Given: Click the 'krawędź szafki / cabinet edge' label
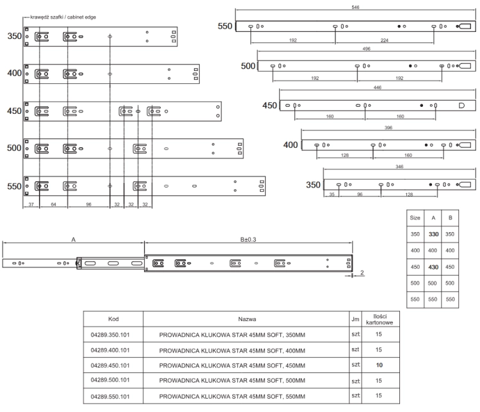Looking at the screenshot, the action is click(63, 17).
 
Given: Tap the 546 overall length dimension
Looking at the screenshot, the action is click(355, 7).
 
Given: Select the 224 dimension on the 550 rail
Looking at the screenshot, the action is click(385, 40).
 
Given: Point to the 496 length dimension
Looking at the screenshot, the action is click(367, 49).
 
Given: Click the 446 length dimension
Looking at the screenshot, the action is click(378, 88).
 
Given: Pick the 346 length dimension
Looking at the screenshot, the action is click(399, 167).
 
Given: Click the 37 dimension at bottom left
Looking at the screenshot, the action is click(31, 205).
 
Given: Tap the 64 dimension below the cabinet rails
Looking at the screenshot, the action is click(54, 205).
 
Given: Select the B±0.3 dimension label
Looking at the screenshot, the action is click(248, 239).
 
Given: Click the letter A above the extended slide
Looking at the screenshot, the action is click(74, 240).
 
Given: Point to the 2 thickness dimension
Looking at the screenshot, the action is click(362, 273).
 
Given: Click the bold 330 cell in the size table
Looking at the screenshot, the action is click(433, 234).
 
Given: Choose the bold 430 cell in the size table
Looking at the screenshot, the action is click(433, 267).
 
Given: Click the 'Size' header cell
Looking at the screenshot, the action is click(415, 218).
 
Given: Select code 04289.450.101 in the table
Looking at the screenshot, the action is click(110, 365).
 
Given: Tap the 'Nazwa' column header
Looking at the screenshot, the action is click(247, 319).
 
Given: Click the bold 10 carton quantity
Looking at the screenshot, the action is click(380, 365).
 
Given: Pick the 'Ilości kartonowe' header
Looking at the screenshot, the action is click(380, 319).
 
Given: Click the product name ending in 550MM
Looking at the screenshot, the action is click(232, 397).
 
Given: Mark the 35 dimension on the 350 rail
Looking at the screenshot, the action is click(332, 194).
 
